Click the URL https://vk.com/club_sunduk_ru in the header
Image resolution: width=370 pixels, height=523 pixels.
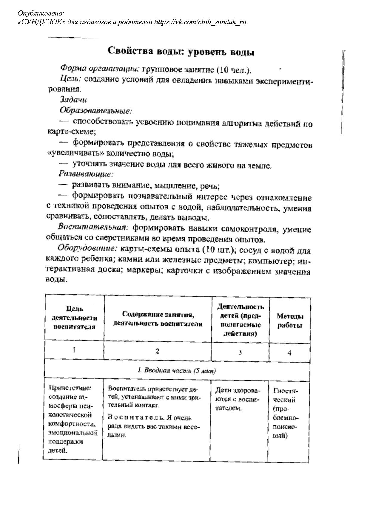[x=200, y=22]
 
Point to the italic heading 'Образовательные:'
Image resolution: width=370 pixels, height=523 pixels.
[x=96, y=111]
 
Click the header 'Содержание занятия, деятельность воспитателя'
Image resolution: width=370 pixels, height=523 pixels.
[x=158, y=319]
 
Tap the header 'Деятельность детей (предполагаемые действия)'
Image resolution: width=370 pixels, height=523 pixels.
[x=240, y=320]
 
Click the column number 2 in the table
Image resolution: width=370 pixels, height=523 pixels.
[x=158, y=351]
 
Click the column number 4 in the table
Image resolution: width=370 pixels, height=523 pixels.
[x=289, y=353]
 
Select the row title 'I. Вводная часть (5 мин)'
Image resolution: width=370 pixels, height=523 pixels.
[x=177, y=371]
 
